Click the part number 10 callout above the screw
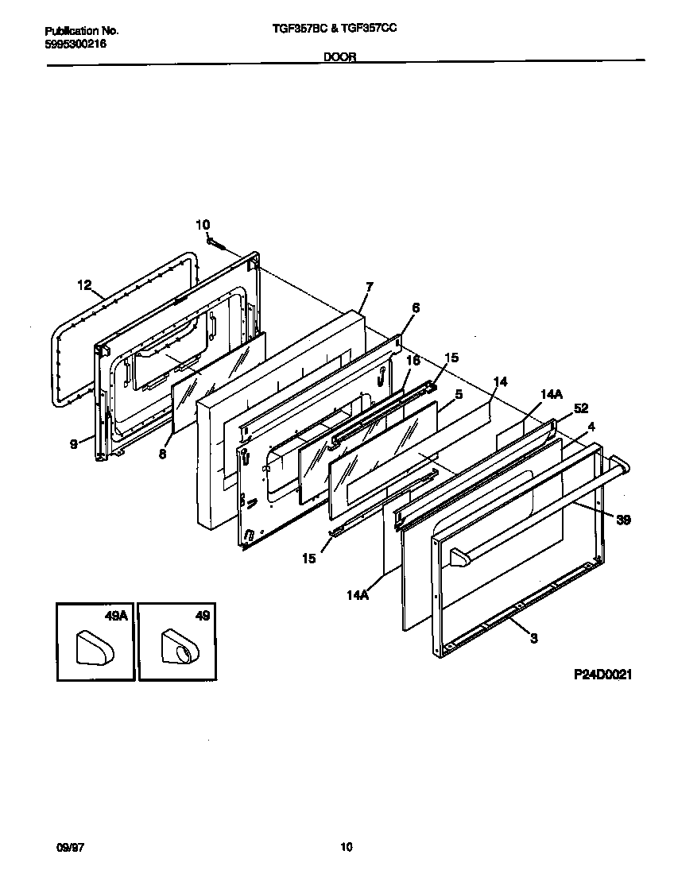pyautogui.click(x=203, y=225)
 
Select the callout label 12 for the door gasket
pyautogui.click(x=85, y=284)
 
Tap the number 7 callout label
pyautogui.click(x=369, y=286)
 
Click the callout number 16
pyautogui.click(x=413, y=360)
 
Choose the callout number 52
pyautogui.click(x=580, y=408)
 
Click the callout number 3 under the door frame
pyautogui.click(x=533, y=637)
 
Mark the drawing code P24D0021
pyautogui.click(x=602, y=675)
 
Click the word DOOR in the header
pyautogui.click(x=339, y=56)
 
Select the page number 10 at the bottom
pyautogui.click(x=346, y=847)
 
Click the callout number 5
pyautogui.click(x=459, y=393)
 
